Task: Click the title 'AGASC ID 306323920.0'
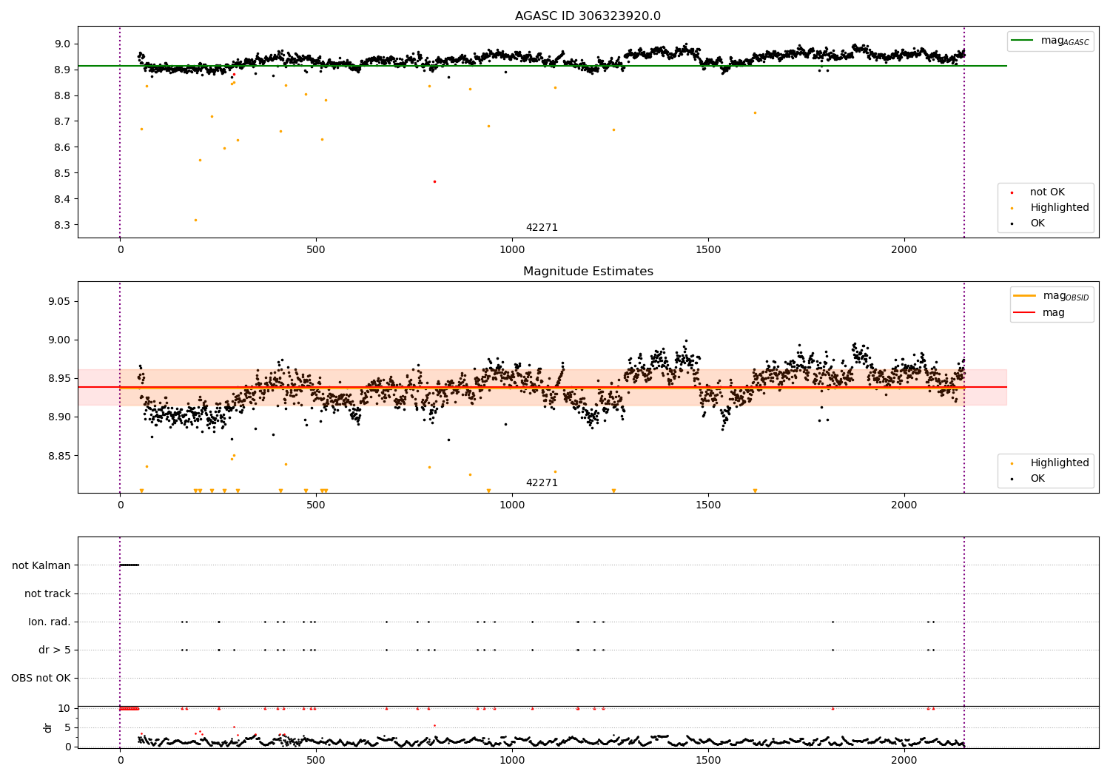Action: (588, 16)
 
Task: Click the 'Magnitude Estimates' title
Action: (588, 272)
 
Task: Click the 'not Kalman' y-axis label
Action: (41, 565)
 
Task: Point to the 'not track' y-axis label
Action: (47, 593)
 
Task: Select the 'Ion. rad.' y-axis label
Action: (50, 622)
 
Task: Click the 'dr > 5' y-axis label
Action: (55, 650)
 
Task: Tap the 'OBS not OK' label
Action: (41, 678)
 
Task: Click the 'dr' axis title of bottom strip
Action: (48, 727)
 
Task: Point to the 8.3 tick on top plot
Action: (61, 225)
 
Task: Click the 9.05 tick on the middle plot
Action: (58, 301)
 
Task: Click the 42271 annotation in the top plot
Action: (542, 228)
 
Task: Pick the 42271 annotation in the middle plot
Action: (542, 483)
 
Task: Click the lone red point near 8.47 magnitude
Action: (434, 181)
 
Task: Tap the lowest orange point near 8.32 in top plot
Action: (195, 220)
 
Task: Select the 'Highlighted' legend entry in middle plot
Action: (1059, 462)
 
